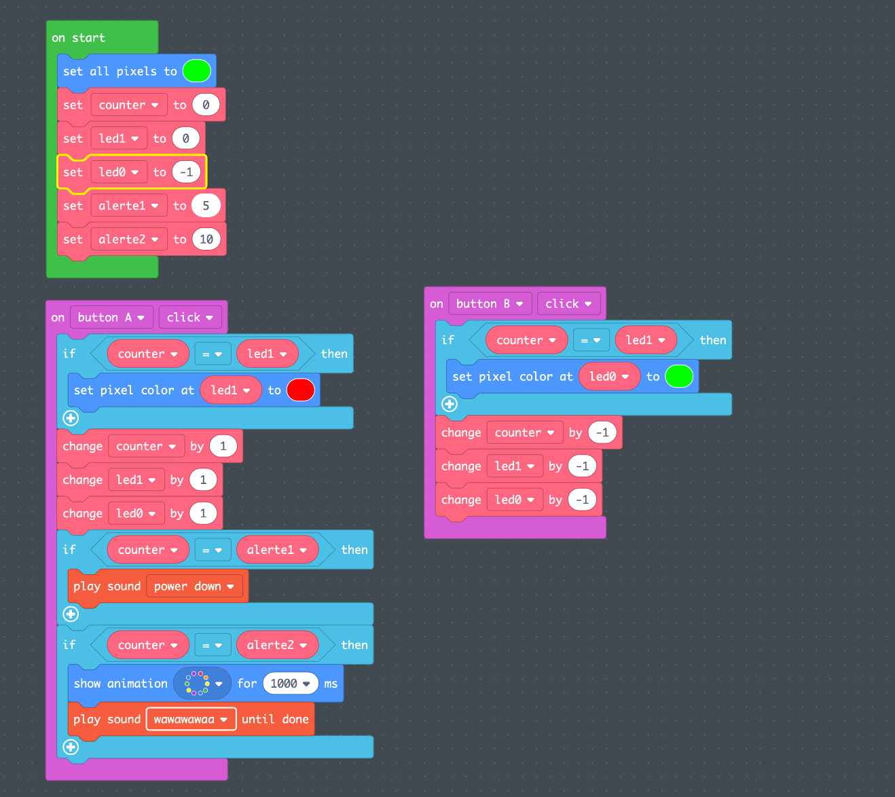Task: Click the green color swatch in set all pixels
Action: (196, 71)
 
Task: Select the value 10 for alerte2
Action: (206, 240)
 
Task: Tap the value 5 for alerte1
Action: (206, 206)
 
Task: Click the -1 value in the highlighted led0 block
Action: (187, 172)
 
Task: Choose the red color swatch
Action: (301, 390)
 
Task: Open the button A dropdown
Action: (111, 317)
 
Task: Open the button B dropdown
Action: (490, 303)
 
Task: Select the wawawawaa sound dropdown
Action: (191, 719)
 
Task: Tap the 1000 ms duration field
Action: (290, 684)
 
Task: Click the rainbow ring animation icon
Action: (197, 684)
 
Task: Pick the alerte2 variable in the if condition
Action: (277, 645)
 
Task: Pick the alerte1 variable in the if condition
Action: (277, 550)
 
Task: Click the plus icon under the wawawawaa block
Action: (71, 747)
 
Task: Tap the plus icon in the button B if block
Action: (450, 404)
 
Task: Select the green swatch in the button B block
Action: (679, 376)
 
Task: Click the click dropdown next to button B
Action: (568, 303)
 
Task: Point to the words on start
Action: (79, 38)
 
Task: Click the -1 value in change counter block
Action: (602, 432)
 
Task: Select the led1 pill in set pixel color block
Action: (231, 390)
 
